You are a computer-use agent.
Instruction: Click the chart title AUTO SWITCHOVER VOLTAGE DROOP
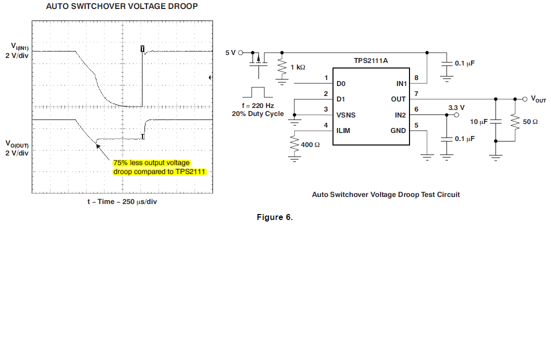[x=121, y=6]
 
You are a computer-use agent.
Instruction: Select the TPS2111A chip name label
[x=370, y=61]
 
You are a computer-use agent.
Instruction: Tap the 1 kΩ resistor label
[x=298, y=67]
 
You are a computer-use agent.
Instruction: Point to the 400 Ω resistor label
[x=310, y=144]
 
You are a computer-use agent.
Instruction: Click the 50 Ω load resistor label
[x=530, y=122]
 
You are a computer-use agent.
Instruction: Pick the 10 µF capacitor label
[x=478, y=122]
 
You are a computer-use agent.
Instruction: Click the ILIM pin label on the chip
[x=343, y=130]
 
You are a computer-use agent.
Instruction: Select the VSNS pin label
[x=346, y=115]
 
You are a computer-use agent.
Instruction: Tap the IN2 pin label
[x=400, y=115]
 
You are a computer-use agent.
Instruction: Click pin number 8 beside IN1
[x=416, y=77]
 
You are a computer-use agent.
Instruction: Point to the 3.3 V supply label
[x=456, y=107]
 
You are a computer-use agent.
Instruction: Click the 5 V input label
[x=230, y=52]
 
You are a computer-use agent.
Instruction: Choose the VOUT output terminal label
[x=538, y=99]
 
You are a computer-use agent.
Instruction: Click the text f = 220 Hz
[x=257, y=105]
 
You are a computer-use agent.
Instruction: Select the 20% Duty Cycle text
[x=257, y=113]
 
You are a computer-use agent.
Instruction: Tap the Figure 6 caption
[x=275, y=217]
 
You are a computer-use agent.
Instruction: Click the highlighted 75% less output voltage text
[x=151, y=163]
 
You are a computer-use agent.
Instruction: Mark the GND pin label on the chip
[x=399, y=130]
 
